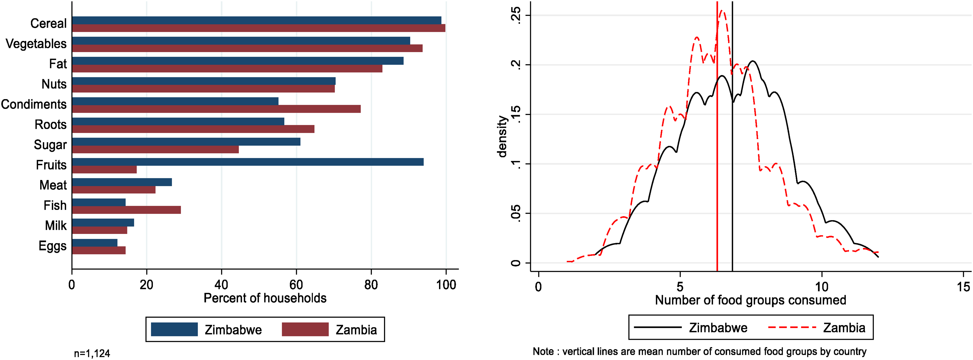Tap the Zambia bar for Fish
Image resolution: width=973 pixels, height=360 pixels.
127,210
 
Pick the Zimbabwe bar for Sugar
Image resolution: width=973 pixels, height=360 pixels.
186,142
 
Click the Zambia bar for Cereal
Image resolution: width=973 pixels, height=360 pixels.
259,28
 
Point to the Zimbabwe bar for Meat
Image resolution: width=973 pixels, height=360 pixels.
122,182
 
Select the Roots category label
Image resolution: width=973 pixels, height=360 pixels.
51,125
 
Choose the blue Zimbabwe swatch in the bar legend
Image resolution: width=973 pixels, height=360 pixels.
174,329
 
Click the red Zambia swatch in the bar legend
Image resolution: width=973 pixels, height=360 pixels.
305,329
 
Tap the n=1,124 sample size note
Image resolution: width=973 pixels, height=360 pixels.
92,354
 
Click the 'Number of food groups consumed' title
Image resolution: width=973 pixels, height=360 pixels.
750,300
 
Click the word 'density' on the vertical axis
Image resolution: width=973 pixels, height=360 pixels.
502,136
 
